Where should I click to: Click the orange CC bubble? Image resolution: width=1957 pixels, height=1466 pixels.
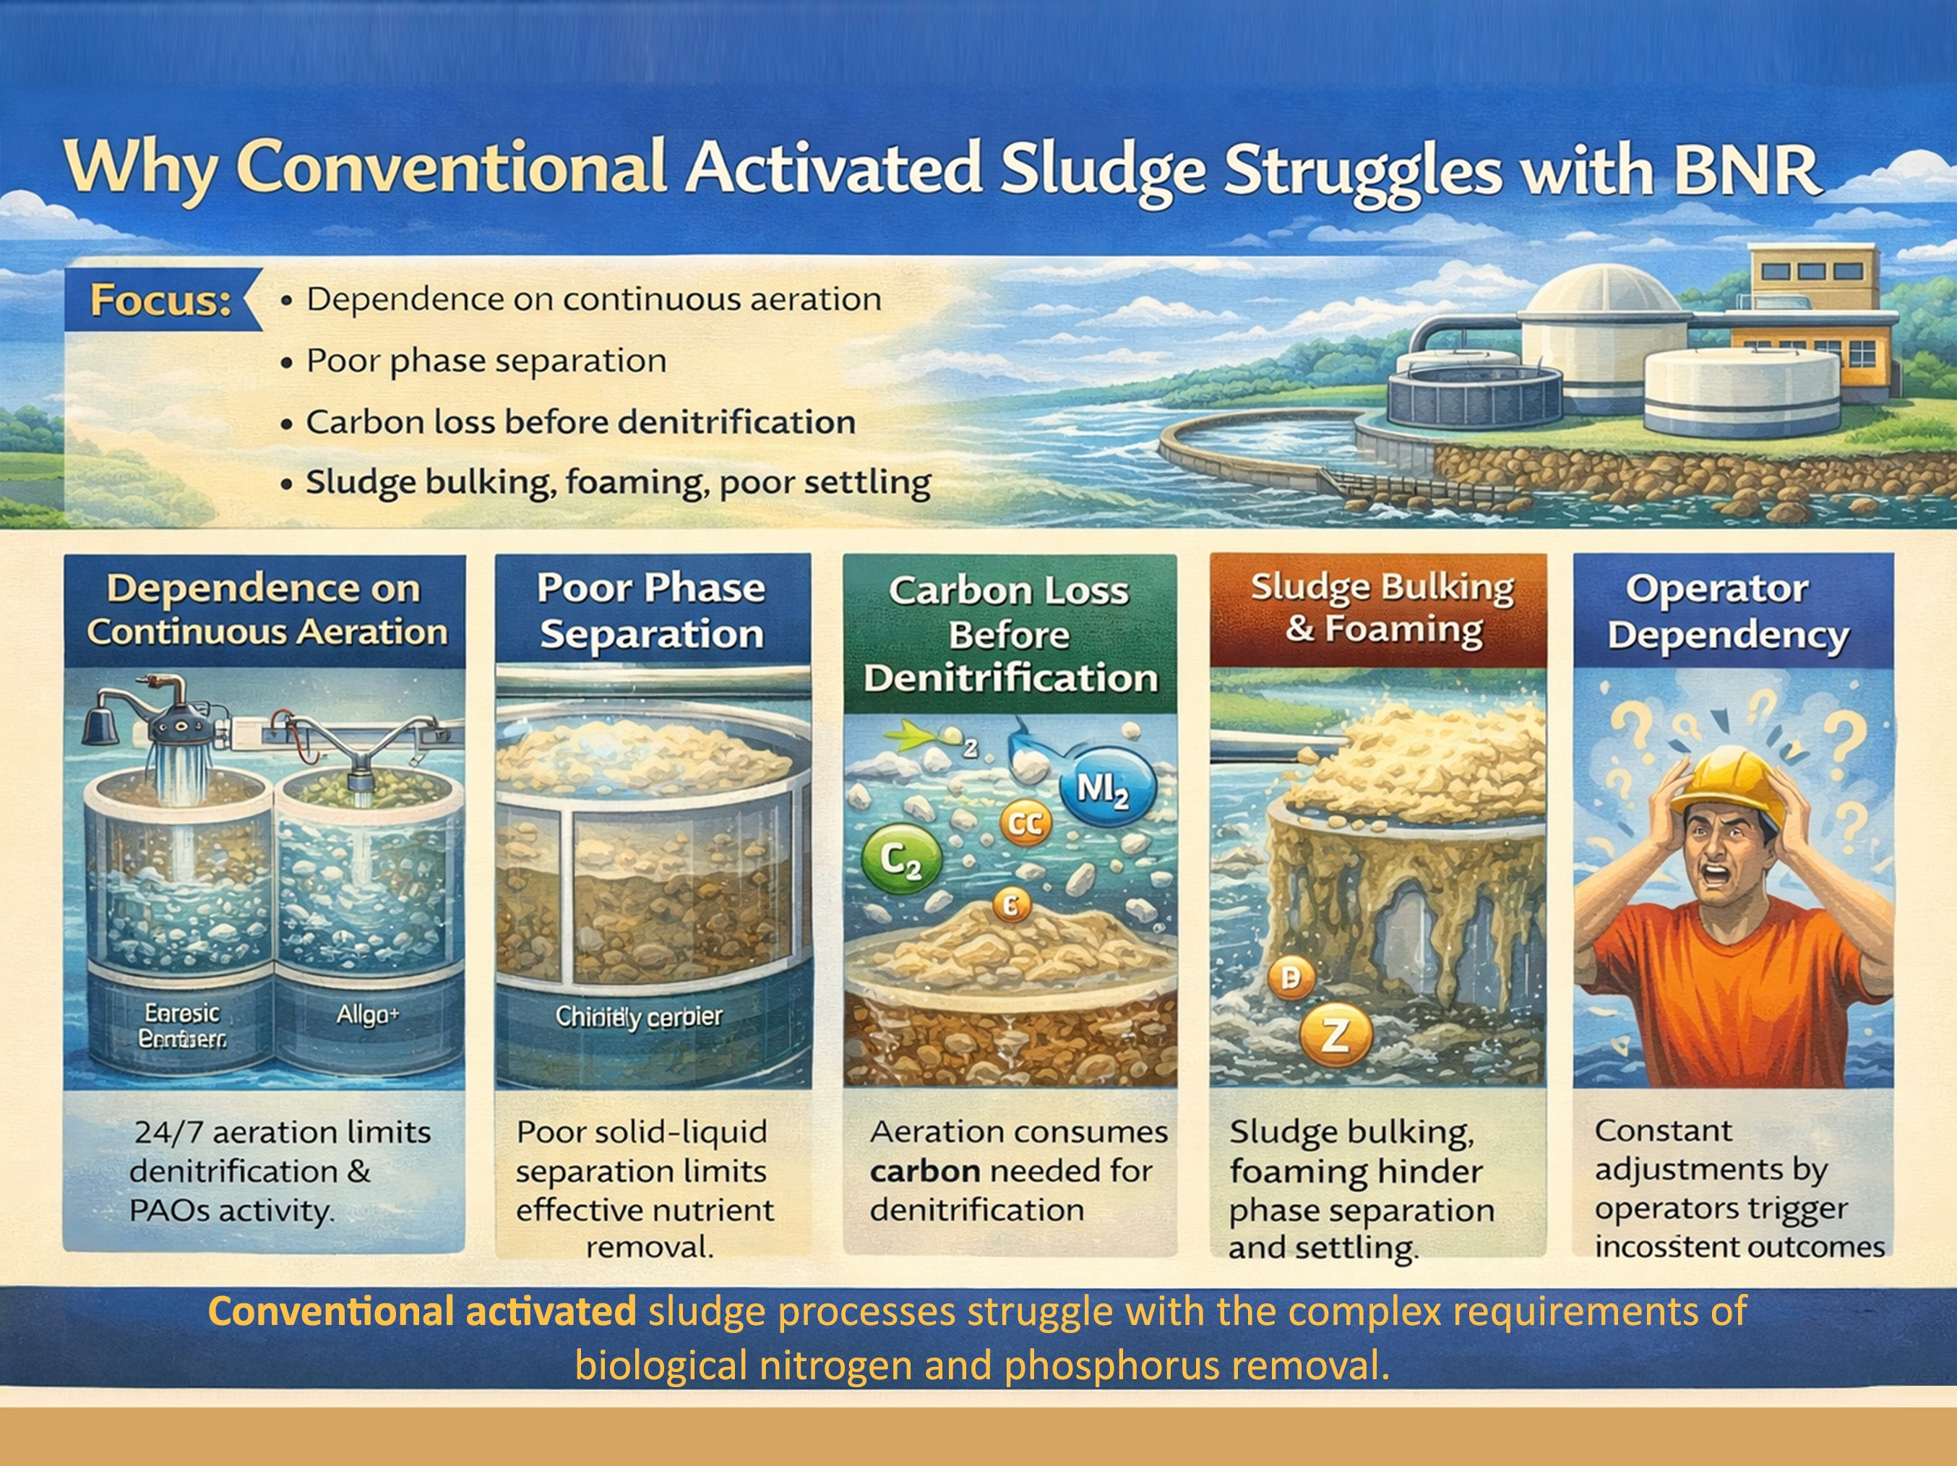(x=1025, y=823)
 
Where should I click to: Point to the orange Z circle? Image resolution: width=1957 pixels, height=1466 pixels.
(x=1335, y=1036)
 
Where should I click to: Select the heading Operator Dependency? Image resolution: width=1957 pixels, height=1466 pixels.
(x=1729, y=612)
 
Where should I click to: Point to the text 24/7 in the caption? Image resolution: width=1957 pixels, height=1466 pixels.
(x=168, y=1133)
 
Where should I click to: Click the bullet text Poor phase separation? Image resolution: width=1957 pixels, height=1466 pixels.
(x=486, y=361)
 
